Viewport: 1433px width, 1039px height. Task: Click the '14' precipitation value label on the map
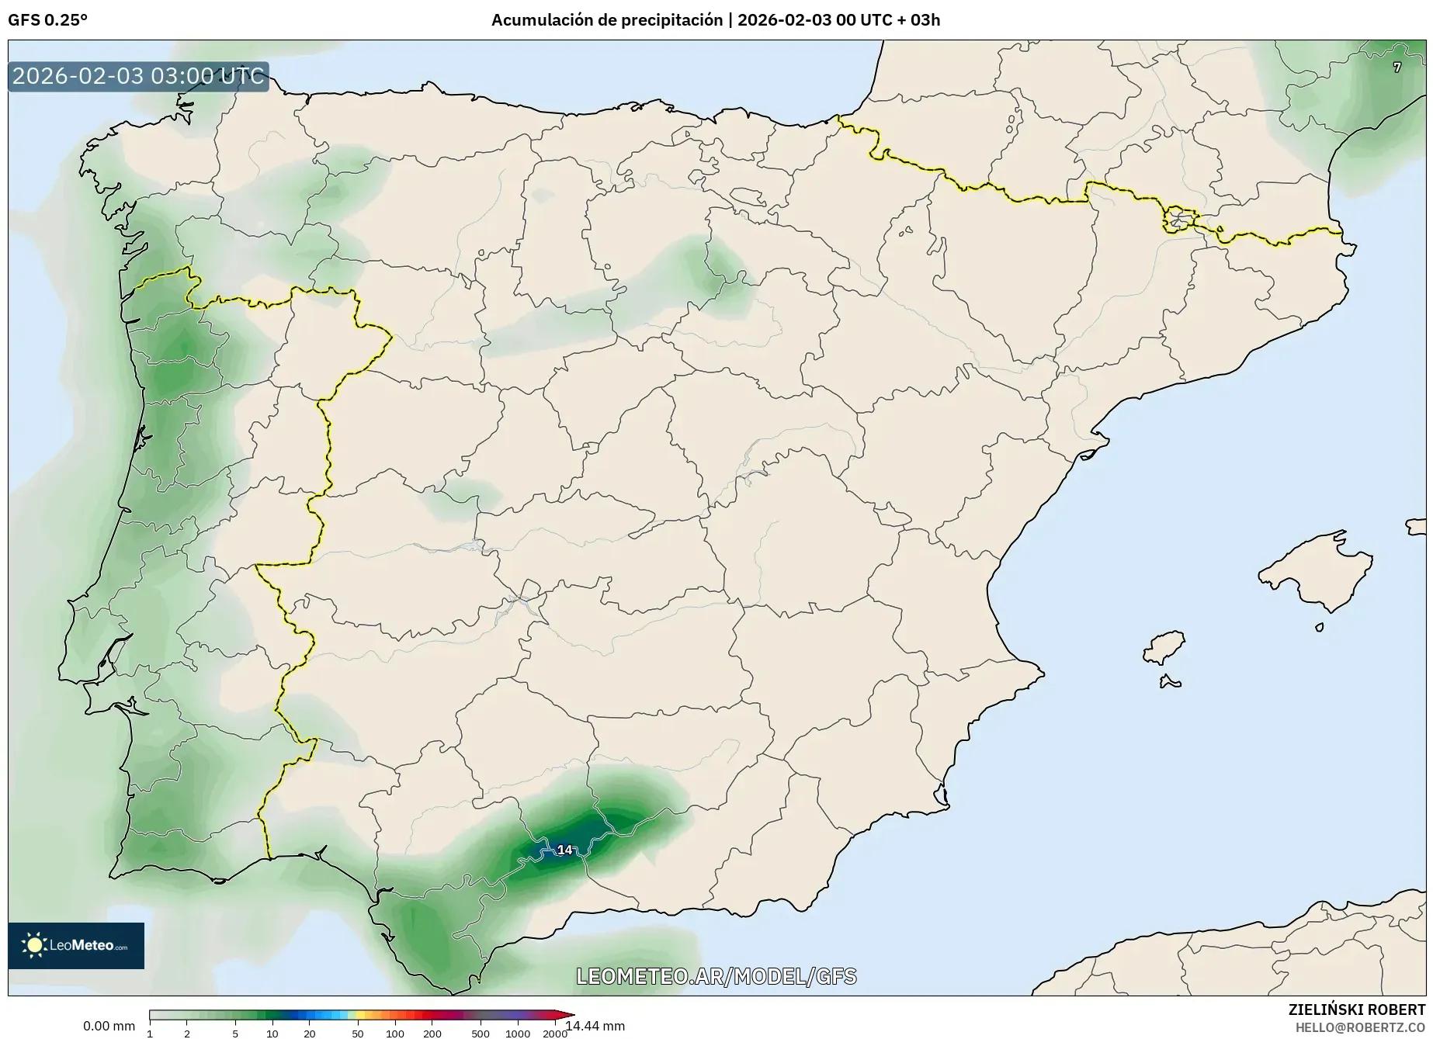(x=564, y=850)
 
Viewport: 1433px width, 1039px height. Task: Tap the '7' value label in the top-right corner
(x=1397, y=68)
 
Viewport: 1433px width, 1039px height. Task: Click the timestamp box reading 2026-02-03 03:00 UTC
(x=138, y=77)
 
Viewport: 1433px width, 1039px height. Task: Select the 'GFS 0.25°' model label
(x=47, y=20)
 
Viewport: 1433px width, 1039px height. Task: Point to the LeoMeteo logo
(x=76, y=945)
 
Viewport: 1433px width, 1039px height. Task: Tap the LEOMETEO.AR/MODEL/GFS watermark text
(x=716, y=976)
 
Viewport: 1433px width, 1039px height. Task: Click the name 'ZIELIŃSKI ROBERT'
(x=1356, y=1010)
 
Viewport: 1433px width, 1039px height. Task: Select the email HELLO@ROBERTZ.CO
(x=1360, y=1027)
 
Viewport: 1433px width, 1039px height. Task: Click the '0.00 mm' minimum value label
(x=109, y=1026)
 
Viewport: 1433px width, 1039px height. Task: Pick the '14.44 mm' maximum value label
(x=595, y=1026)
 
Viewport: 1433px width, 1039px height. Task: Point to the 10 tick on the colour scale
(x=272, y=1033)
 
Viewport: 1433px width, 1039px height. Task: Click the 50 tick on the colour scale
(x=357, y=1033)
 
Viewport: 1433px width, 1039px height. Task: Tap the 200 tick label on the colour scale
(x=432, y=1033)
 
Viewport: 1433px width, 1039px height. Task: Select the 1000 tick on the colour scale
(x=518, y=1033)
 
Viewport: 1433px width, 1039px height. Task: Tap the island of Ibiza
(x=1164, y=647)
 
